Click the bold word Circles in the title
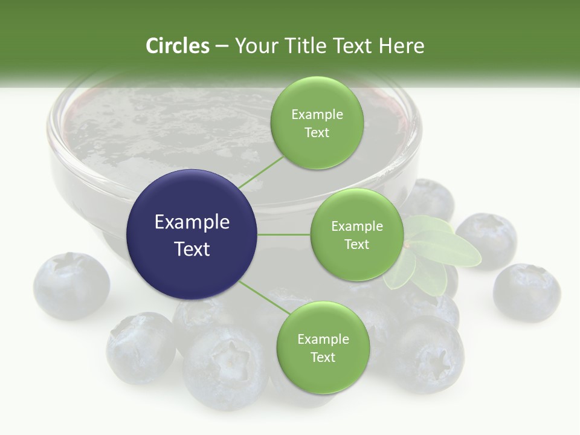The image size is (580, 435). click(177, 46)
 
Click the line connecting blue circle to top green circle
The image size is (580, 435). click(261, 172)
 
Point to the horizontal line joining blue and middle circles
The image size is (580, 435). click(284, 234)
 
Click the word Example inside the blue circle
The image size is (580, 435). click(192, 222)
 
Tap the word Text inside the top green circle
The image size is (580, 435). click(317, 133)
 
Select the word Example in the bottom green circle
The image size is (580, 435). click(323, 340)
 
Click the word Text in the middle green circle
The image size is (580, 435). click(356, 244)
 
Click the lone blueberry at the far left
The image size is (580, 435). click(71, 286)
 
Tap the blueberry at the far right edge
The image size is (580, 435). click(526, 292)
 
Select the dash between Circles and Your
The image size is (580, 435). click(222, 47)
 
